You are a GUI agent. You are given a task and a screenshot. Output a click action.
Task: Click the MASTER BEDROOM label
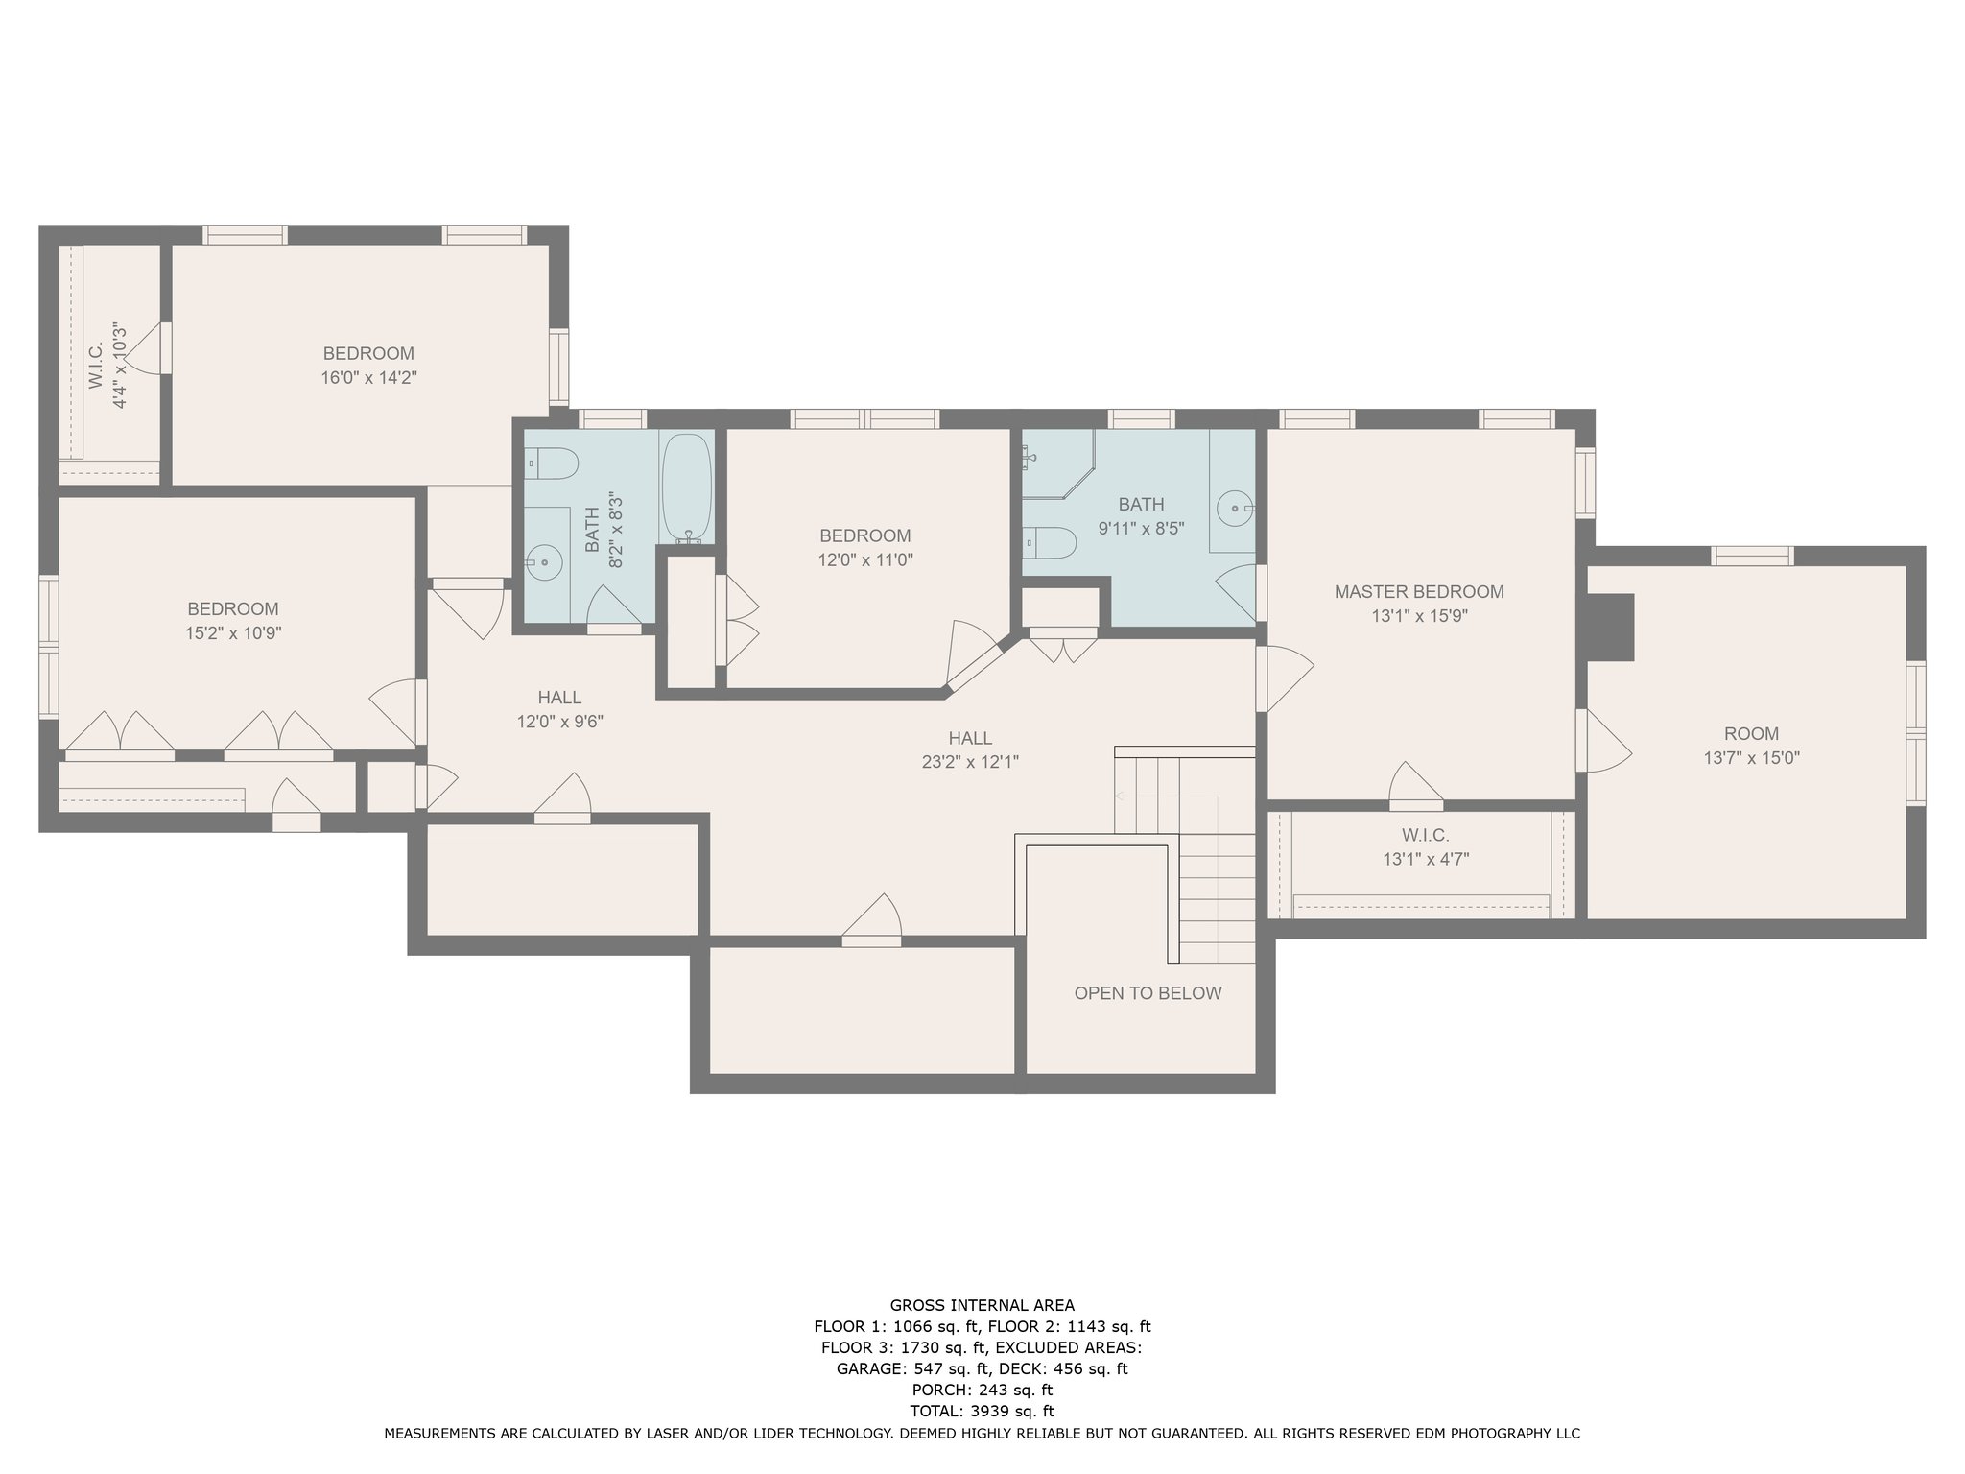pos(1419,592)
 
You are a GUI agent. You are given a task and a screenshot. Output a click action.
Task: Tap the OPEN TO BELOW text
pos(1148,993)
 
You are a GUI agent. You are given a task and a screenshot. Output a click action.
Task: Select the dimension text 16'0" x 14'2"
pos(368,378)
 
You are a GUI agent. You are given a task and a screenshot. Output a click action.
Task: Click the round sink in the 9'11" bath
pos(1234,506)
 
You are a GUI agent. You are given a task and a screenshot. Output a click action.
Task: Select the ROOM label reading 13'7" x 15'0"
pos(1751,734)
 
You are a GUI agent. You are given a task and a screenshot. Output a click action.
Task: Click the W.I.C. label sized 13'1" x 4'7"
pos(1424,835)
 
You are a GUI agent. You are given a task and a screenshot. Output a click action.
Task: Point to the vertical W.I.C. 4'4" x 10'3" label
pos(107,366)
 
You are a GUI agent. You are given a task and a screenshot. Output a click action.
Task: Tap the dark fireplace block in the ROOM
pos(1609,627)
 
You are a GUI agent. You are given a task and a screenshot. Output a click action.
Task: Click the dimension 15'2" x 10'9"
pos(233,633)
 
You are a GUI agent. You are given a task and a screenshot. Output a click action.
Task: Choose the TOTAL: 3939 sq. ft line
pos(982,1411)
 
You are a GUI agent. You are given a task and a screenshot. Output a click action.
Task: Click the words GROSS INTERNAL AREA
pos(982,1305)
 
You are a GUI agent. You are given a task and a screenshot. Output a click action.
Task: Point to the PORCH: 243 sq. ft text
pos(982,1390)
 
